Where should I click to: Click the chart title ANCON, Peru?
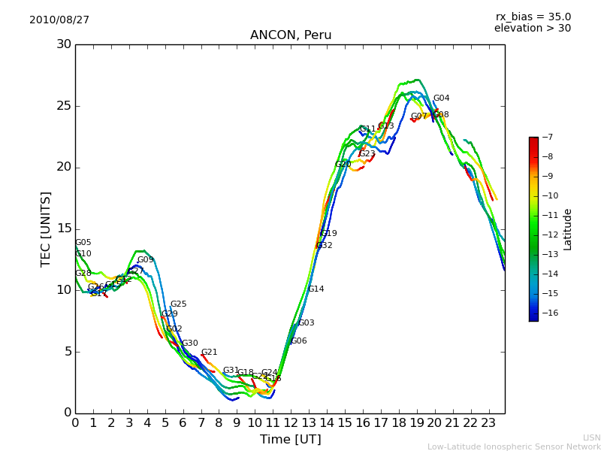point(291,35)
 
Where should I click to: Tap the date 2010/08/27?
point(59,20)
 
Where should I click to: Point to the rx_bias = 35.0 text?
point(533,17)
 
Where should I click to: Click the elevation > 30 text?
point(533,29)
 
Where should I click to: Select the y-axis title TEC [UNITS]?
point(46,229)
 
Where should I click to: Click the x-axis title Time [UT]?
point(291,439)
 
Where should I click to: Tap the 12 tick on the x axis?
point(291,423)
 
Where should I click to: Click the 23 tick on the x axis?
point(488,423)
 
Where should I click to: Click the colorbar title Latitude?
point(568,229)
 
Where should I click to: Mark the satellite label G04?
point(442,98)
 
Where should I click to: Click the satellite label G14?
point(316,289)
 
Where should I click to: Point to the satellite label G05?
point(83,243)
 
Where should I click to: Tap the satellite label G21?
point(209,353)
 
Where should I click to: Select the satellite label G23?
point(367,154)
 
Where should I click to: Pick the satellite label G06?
point(298,341)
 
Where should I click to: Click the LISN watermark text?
point(591,437)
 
